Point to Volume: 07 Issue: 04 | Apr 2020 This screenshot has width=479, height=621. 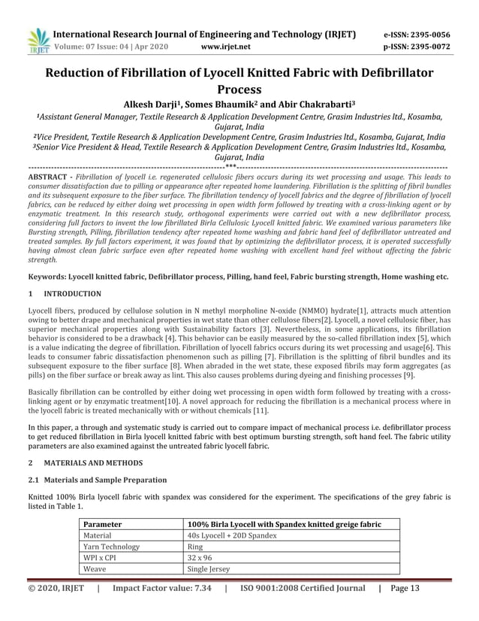110,47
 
